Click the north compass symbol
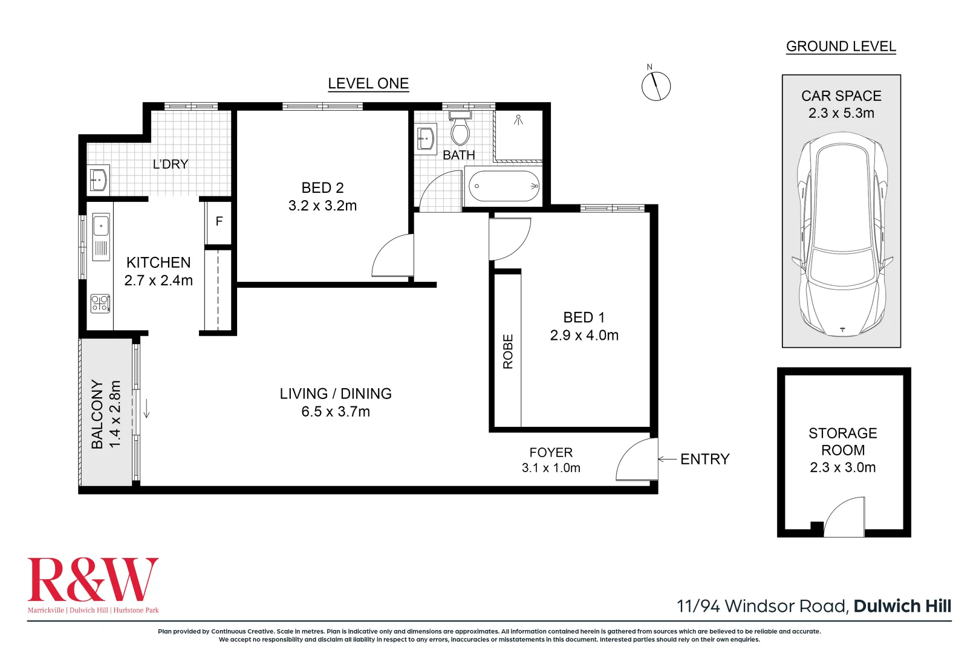click(655, 86)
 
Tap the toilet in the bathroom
click(460, 128)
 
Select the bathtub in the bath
click(504, 186)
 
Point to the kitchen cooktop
click(100, 304)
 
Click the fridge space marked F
click(219, 222)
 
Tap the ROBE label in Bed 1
click(508, 351)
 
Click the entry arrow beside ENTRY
click(668, 459)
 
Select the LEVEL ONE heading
click(368, 83)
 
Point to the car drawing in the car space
click(842, 234)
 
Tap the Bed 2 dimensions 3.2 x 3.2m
click(322, 206)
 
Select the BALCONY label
click(97, 414)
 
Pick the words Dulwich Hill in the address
click(902, 606)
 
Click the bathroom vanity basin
click(425, 140)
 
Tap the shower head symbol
click(518, 119)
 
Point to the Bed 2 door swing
click(392, 255)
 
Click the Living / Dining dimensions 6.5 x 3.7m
click(336, 412)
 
